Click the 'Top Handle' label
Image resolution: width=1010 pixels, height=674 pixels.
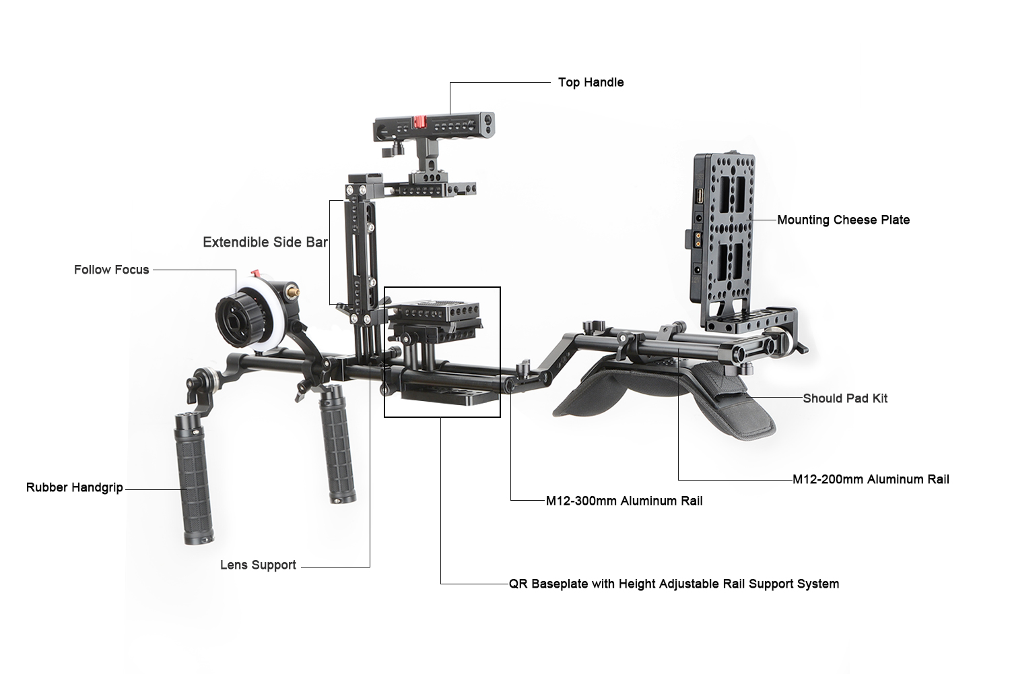pyautogui.click(x=591, y=83)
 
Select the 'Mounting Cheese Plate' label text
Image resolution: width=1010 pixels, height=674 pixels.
pyautogui.click(x=843, y=220)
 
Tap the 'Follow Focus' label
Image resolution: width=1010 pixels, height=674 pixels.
pyautogui.click(x=111, y=270)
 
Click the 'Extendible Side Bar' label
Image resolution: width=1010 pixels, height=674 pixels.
pyautogui.click(x=265, y=243)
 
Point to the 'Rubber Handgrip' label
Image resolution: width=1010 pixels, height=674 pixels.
pyautogui.click(x=74, y=487)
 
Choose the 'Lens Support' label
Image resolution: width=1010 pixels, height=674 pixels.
pyautogui.click(x=258, y=565)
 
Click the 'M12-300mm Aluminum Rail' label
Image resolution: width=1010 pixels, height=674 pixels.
pyautogui.click(x=624, y=501)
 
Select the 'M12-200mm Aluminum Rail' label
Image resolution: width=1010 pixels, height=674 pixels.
pyautogui.click(x=871, y=479)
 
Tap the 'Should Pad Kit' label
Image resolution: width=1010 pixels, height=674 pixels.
pyautogui.click(x=845, y=398)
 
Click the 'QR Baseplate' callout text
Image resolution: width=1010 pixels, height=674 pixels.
pyautogui.click(x=673, y=584)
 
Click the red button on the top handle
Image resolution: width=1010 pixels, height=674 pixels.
pyautogui.click(x=420, y=122)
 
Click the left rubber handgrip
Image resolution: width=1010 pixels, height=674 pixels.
pyautogui.click(x=193, y=479)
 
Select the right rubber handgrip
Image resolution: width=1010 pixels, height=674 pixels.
pyautogui.click(x=338, y=443)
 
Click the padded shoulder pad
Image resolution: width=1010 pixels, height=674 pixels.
pyautogui.click(x=663, y=397)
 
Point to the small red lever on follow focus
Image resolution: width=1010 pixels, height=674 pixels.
pyautogui.click(x=256, y=274)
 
